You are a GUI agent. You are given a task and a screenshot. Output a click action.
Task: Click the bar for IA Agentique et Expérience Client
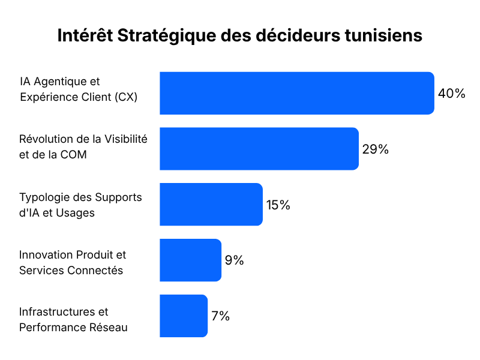[x=297, y=94]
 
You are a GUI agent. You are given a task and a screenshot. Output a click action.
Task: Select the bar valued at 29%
[x=259, y=149]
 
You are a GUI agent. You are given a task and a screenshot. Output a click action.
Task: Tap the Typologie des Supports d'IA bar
[x=211, y=205]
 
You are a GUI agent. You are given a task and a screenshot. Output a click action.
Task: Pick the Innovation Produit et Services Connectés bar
[x=190, y=260]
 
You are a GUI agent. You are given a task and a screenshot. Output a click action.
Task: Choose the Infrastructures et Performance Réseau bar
[x=184, y=316]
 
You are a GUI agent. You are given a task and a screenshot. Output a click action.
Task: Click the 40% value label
[x=452, y=94]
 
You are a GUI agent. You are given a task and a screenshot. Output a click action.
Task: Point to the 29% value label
[x=376, y=149]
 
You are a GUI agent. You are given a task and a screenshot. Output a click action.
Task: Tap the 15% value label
[x=278, y=205]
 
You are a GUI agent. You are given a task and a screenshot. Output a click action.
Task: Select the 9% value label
[x=234, y=260]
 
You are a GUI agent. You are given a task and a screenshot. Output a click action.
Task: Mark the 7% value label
[x=220, y=316]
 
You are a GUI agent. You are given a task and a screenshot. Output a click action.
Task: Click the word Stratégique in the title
[x=167, y=36]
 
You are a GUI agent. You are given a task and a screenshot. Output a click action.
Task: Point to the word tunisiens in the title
[x=383, y=35]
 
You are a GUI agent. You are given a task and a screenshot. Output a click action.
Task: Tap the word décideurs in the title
[x=298, y=35]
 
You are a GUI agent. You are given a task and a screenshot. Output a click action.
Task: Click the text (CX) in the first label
[x=126, y=97]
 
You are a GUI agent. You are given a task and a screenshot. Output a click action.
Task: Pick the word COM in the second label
[x=73, y=155]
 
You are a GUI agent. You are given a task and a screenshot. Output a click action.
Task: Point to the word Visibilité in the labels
[x=126, y=139]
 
